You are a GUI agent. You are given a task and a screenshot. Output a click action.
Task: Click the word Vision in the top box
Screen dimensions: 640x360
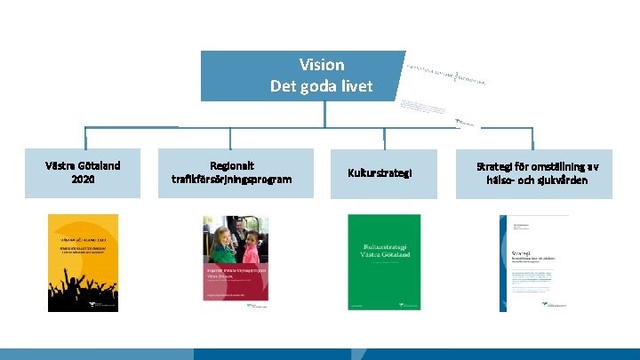(x=321, y=65)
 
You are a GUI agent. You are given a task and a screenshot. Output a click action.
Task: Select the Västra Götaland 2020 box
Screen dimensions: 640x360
(x=83, y=172)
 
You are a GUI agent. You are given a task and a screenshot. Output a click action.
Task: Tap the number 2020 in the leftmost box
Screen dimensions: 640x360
(x=83, y=180)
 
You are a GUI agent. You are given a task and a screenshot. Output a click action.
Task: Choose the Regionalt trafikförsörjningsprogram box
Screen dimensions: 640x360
(x=231, y=172)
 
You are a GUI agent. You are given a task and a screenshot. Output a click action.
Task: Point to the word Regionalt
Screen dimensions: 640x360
(x=231, y=165)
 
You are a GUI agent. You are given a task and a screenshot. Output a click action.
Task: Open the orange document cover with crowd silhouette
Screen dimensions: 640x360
(x=83, y=262)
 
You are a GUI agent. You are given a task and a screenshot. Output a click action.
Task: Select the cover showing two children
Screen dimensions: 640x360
(x=235, y=262)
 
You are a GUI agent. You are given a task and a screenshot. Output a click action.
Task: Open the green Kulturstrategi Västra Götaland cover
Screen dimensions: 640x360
(x=384, y=262)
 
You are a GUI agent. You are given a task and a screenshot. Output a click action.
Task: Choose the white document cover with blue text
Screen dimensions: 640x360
(x=534, y=262)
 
